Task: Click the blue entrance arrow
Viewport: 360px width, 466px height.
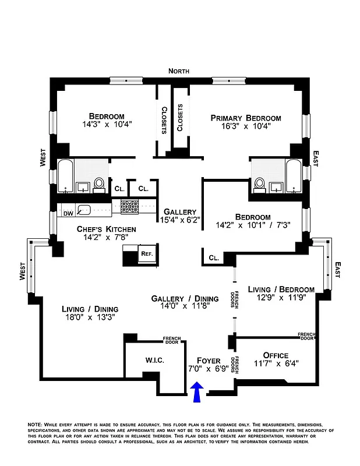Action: (197, 391)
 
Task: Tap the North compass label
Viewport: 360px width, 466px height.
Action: (179, 71)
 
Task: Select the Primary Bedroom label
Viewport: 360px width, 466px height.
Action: (245, 118)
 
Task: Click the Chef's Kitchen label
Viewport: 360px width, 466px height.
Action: (107, 230)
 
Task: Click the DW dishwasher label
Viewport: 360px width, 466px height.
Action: (68, 213)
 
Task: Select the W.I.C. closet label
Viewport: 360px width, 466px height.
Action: (154, 361)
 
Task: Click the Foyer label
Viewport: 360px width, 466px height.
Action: (209, 360)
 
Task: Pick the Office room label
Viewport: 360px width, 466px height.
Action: (276, 355)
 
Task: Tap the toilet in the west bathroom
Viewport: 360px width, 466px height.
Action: (100, 183)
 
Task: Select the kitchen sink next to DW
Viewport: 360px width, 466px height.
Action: (86, 211)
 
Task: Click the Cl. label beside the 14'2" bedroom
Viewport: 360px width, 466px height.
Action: (213, 257)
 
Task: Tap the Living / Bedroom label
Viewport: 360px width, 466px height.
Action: (281, 290)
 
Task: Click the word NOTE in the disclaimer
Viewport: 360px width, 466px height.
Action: (36, 424)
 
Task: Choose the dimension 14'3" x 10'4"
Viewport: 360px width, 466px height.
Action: (107, 123)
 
